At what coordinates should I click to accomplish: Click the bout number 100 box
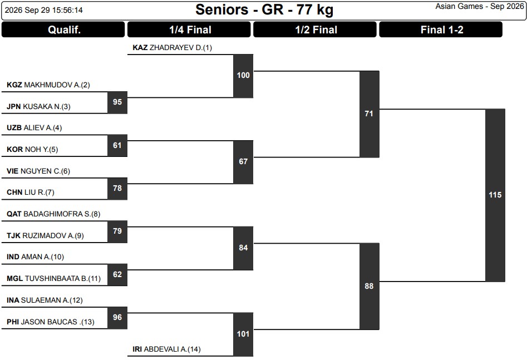(x=243, y=76)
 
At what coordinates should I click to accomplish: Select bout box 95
(x=117, y=102)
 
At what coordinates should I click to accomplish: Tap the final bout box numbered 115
(x=495, y=195)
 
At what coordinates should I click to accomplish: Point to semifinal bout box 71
(x=370, y=114)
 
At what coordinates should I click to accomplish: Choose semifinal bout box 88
(x=370, y=286)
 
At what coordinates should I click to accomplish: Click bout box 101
(x=243, y=334)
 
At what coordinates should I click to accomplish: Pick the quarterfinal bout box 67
(x=243, y=162)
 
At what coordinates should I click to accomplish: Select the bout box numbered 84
(x=243, y=248)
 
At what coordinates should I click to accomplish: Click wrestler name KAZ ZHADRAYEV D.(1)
(x=172, y=48)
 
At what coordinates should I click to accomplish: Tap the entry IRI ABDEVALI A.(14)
(x=166, y=349)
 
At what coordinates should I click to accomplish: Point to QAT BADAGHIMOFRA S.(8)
(x=53, y=214)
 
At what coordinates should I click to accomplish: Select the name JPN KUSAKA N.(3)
(x=38, y=107)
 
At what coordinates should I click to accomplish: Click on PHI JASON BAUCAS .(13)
(x=51, y=322)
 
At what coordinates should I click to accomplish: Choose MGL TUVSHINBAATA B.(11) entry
(x=53, y=279)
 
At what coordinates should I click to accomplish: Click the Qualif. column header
(x=63, y=29)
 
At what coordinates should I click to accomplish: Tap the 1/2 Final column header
(x=315, y=29)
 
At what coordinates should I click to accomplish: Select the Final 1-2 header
(x=441, y=29)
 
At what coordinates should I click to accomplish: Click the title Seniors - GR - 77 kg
(x=264, y=10)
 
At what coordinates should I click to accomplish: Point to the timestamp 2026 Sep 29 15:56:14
(x=44, y=10)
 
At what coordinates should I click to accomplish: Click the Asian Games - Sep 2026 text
(x=480, y=6)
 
